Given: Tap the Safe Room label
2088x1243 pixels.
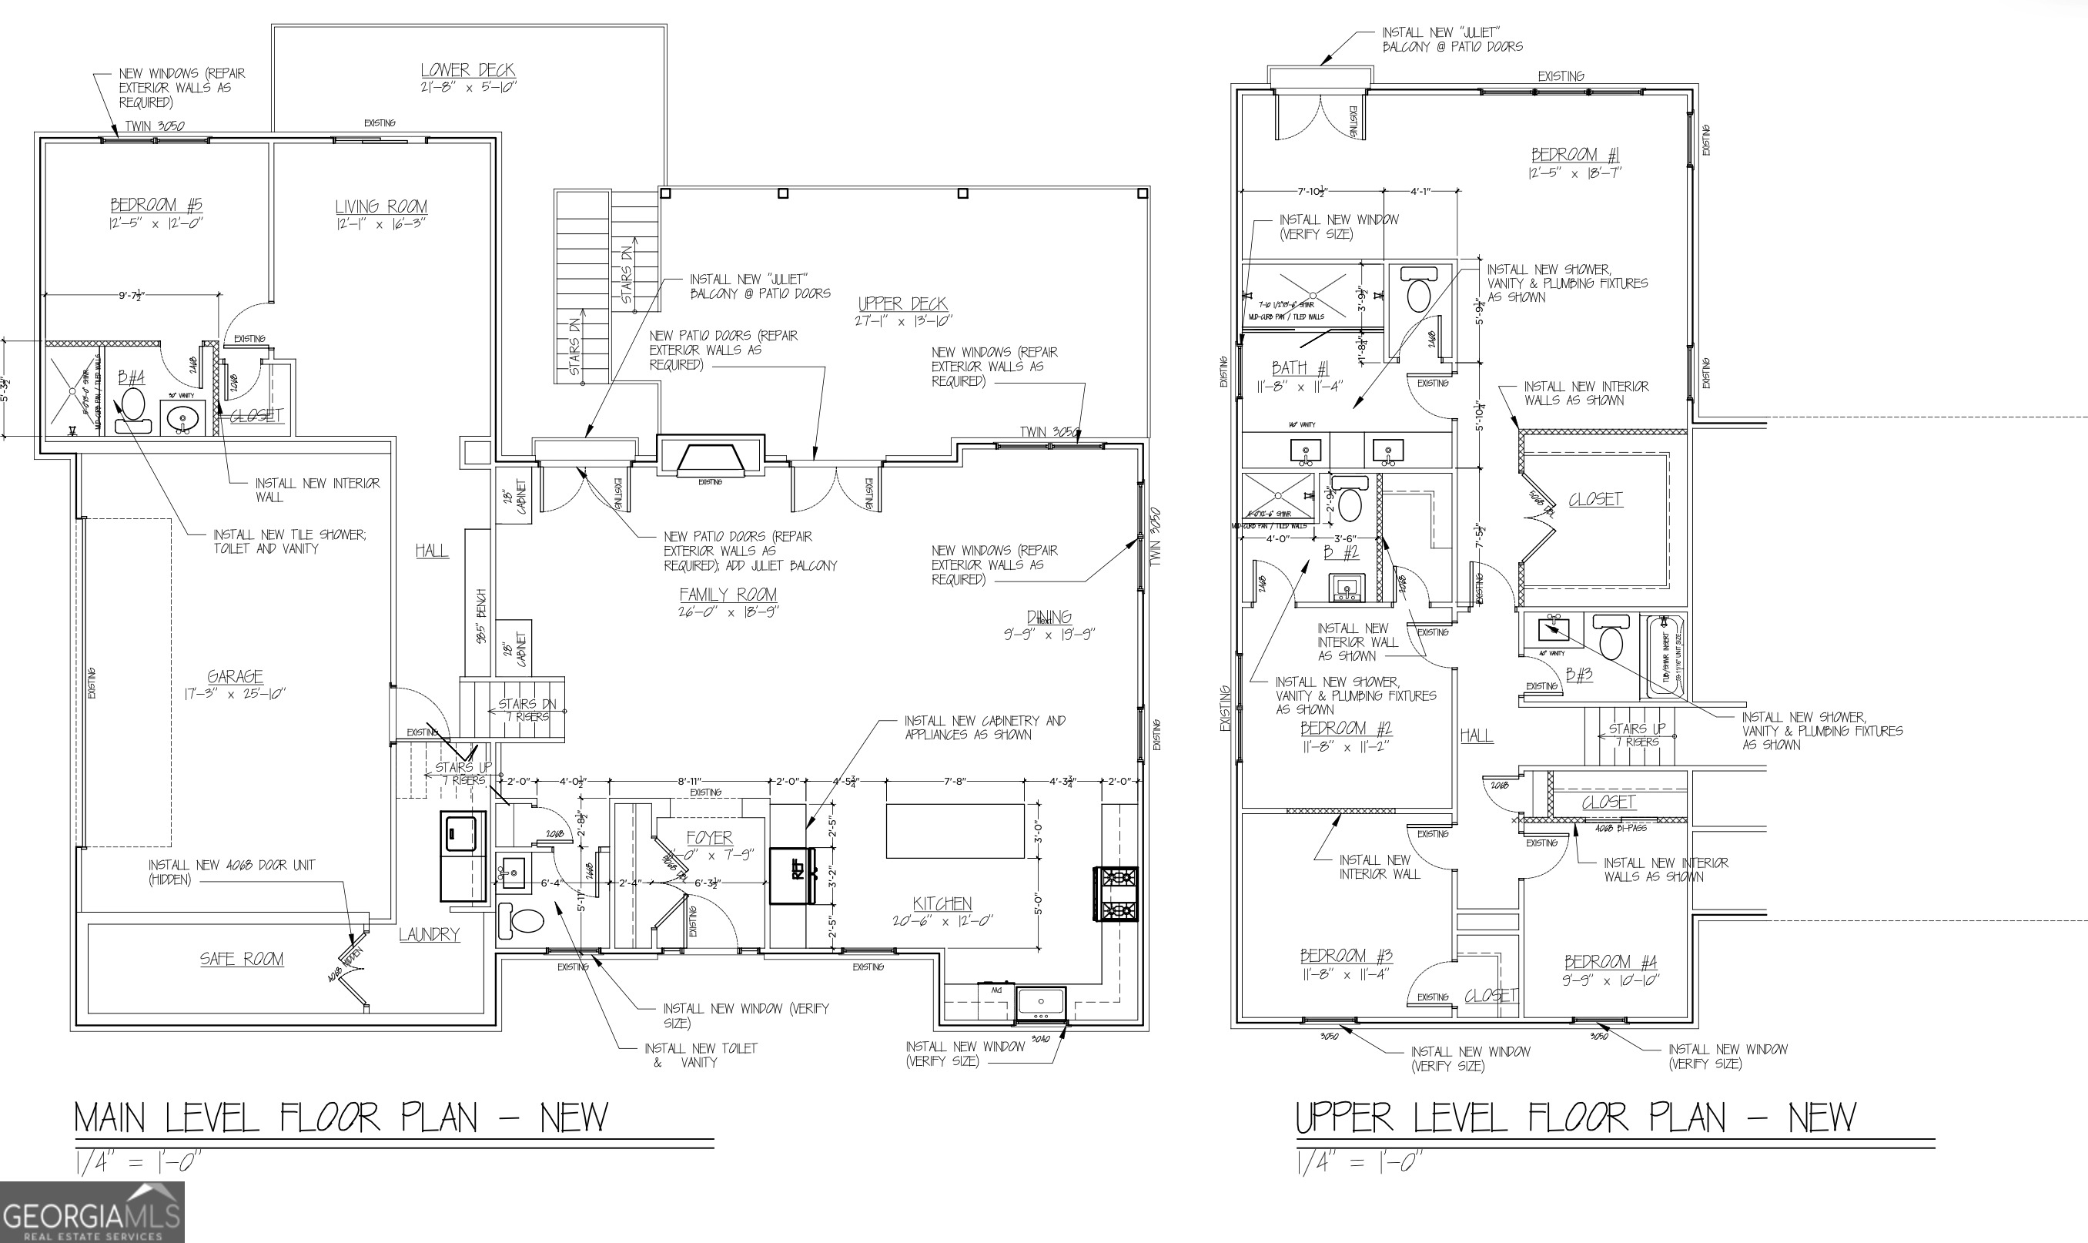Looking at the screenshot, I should click(x=241, y=959).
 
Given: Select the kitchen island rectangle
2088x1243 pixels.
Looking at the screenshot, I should click(x=955, y=831).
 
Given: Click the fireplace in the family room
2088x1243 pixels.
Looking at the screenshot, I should click(x=710, y=459).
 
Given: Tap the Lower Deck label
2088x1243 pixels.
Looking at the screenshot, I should click(x=467, y=71).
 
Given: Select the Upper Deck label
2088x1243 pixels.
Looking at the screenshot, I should click(x=902, y=304).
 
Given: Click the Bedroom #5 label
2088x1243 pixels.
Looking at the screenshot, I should click(x=156, y=205).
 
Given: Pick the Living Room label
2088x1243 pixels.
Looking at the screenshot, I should click(x=381, y=207).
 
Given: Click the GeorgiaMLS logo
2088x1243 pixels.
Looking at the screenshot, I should click(x=92, y=1213).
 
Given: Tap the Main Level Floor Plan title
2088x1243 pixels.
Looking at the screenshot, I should click(x=341, y=1117).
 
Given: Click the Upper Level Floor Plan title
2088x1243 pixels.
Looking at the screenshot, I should click(x=1576, y=1117).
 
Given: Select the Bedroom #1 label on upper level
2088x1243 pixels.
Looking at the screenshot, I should click(x=1574, y=156).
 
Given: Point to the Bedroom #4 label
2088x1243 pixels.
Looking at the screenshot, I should click(x=1609, y=963).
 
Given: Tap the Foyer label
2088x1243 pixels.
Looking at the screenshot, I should click(x=709, y=838).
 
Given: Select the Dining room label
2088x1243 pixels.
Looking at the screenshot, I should click(x=1048, y=618).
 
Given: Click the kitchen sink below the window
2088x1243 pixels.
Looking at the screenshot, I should click(x=1041, y=1003).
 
